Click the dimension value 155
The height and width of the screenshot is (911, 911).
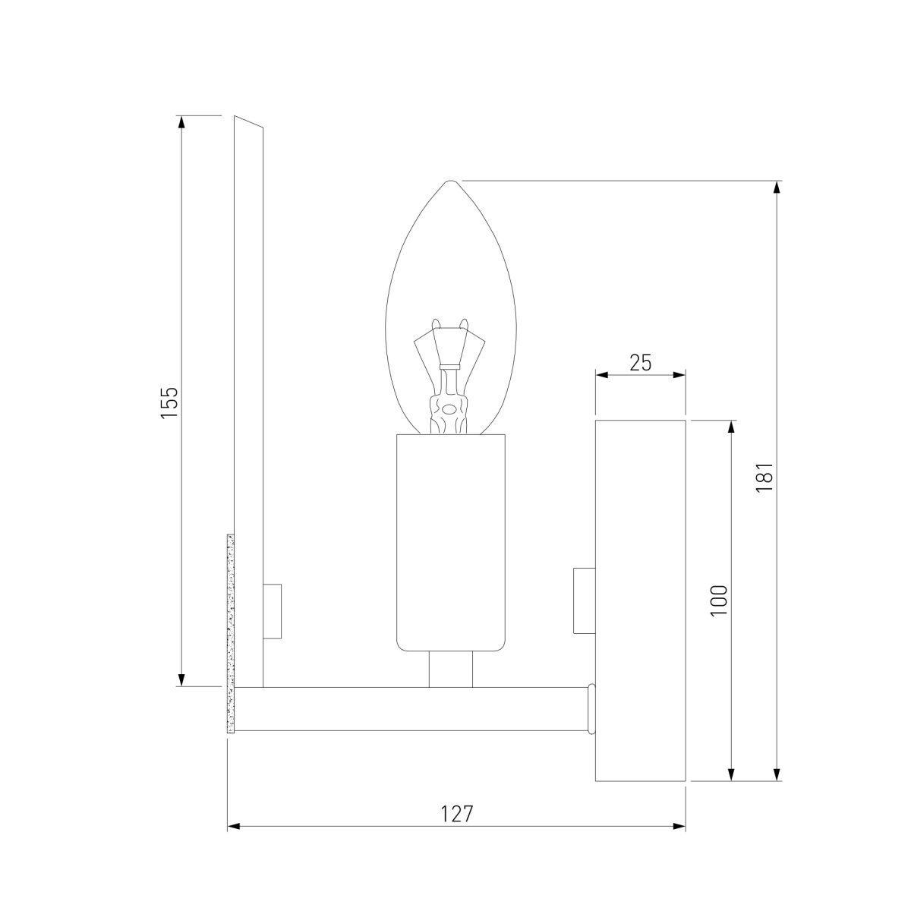(x=169, y=402)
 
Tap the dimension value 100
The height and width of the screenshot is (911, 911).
(x=718, y=601)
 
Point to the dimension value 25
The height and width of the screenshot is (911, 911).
(x=641, y=363)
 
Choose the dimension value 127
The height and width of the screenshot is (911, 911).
(x=457, y=814)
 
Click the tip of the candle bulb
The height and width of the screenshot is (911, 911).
(x=450, y=181)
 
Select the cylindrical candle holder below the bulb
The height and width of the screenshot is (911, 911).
(x=450, y=543)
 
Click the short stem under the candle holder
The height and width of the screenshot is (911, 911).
(x=450, y=670)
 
